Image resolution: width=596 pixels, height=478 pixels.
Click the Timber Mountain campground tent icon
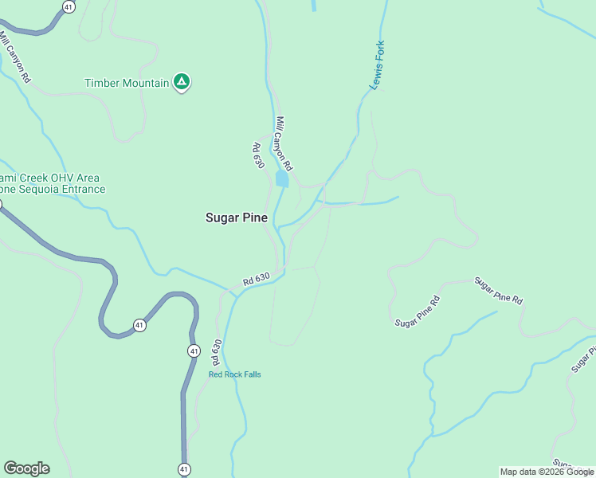click(182, 82)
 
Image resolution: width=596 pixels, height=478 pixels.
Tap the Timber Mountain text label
click(127, 83)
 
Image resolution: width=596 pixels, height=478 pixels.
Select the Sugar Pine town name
click(237, 217)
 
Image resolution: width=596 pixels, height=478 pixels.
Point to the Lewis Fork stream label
click(377, 64)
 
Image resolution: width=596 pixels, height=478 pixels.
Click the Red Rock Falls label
click(234, 374)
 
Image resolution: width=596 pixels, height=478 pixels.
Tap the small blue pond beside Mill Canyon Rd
click(281, 179)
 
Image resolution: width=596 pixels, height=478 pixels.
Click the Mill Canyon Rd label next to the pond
click(284, 144)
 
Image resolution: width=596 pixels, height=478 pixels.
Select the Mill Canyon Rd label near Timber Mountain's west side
click(15, 57)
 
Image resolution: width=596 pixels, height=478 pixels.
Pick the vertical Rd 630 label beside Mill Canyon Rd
click(257, 155)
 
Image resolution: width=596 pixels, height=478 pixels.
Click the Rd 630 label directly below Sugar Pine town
click(257, 280)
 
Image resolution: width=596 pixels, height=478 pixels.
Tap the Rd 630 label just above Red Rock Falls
click(216, 352)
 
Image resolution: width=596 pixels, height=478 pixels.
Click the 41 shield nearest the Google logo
click(184, 469)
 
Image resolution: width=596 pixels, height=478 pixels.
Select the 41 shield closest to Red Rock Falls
click(194, 351)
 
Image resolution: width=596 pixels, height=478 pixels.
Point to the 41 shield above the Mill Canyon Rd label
click(69, 6)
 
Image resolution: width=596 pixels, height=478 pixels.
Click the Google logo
click(26, 468)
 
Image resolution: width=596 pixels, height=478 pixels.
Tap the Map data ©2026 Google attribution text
click(547, 472)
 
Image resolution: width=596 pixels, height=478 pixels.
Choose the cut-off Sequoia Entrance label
click(53, 190)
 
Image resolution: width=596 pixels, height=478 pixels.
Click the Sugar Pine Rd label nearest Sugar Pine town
click(418, 311)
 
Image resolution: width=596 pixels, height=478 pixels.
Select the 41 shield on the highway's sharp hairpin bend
click(139, 325)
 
